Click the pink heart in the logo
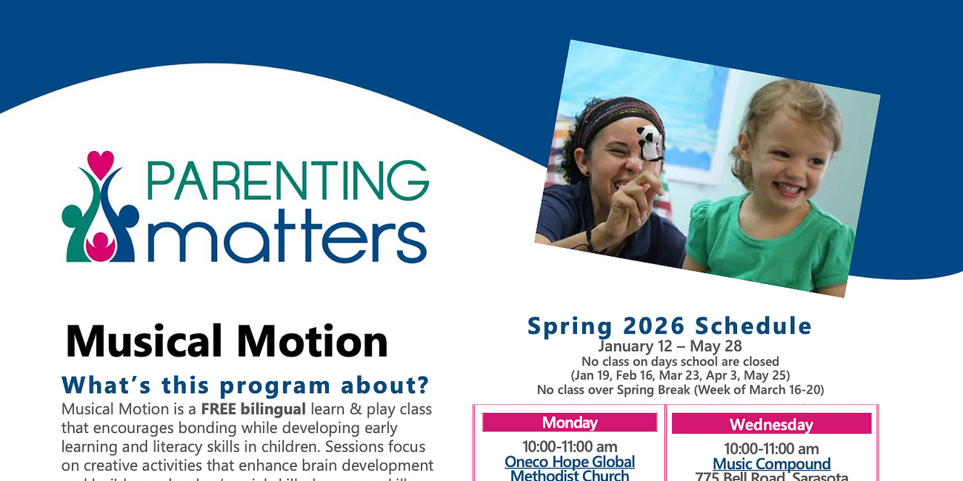pos(100,162)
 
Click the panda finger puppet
pos(649,142)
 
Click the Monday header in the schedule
pos(570,423)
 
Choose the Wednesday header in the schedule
pos(771,424)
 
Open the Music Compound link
pos(771,464)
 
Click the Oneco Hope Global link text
pos(570,462)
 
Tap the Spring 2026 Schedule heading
pos(670,326)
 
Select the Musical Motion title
pos(227,341)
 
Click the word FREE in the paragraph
pos(218,409)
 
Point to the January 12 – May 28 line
pos(670,346)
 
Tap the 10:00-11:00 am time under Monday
pos(570,446)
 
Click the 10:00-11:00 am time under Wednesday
pos(771,448)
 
